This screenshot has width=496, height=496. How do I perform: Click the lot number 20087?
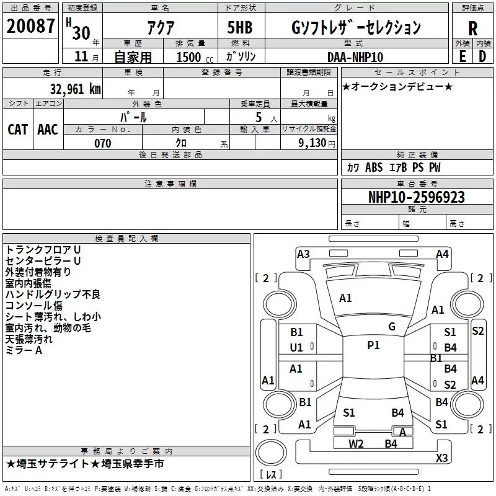(x=30, y=26)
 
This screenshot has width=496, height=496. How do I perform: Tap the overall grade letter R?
(x=472, y=29)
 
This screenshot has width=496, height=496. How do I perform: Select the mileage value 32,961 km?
(x=76, y=89)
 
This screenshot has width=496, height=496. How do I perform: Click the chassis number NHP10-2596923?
(x=417, y=197)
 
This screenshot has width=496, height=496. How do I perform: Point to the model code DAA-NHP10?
(x=355, y=57)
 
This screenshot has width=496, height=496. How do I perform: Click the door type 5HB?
(x=240, y=27)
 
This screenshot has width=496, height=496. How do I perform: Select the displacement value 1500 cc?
(x=195, y=57)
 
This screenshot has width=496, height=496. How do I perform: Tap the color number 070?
(x=103, y=143)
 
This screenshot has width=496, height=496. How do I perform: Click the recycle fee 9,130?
(x=312, y=143)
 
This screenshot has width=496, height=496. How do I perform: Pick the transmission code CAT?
(x=18, y=130)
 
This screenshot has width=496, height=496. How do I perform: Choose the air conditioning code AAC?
(x=48, y=130)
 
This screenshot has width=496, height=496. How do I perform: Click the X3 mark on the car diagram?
(x=441, y=458)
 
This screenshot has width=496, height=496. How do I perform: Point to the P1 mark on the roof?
(x=373, y=345)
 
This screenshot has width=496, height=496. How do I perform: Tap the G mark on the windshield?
(x=392, y=327)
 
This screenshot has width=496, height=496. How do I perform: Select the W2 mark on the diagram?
(x=356, y=444)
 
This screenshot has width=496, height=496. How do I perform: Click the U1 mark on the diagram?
(x=296, y=348)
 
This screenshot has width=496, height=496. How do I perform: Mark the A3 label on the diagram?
(x=303, y=254)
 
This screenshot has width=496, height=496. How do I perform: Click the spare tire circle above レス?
(x=271, y=451)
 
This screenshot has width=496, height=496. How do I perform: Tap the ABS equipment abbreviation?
(x=374, y=167)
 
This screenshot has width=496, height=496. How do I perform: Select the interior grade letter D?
(x=482, y=56)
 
